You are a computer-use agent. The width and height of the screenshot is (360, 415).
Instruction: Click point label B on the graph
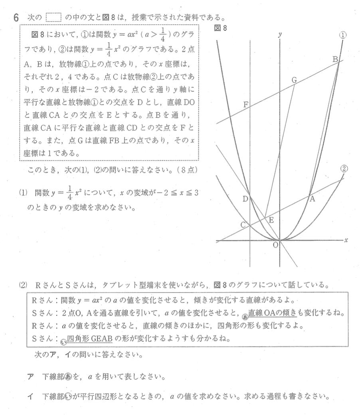[336, 59]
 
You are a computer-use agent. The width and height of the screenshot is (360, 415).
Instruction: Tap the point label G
[294, 80]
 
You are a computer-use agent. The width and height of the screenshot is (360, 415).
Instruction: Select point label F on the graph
[246, 105]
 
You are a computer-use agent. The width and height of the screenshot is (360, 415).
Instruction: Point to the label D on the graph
[245, 199]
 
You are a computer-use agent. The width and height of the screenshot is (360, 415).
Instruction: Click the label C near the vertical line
[243, 225]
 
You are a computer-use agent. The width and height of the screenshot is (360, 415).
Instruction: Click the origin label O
[275, 245]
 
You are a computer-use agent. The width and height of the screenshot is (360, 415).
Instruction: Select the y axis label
[280, 35]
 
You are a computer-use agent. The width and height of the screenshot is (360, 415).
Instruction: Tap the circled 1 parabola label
[343, 35]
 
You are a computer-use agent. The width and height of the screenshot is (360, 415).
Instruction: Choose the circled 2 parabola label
[344, 169]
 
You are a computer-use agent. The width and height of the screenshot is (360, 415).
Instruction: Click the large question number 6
[15, 18]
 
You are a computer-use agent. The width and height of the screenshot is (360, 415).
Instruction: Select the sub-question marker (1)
[23, 193]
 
